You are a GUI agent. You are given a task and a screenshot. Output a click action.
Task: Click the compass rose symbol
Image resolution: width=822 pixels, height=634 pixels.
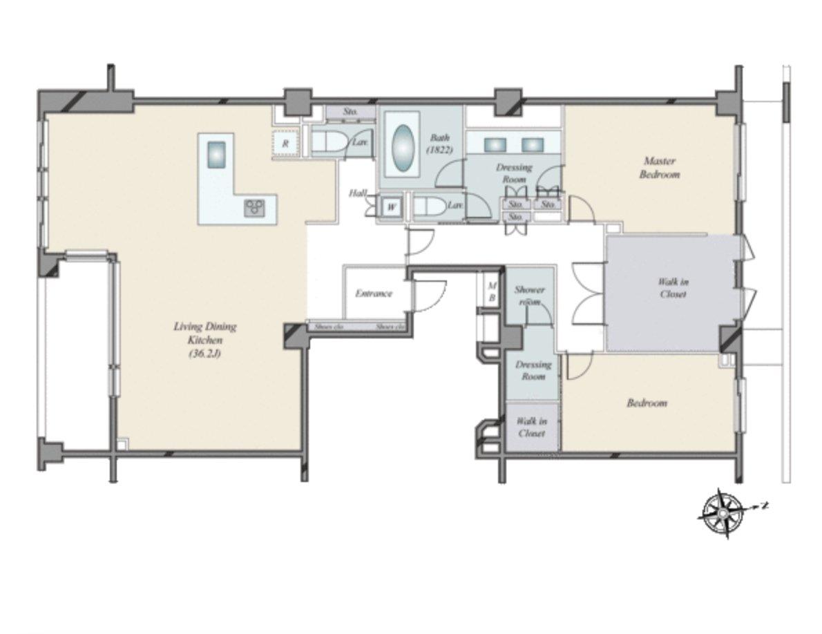point(722,513)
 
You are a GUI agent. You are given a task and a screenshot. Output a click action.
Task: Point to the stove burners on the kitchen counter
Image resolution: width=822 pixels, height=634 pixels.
point(254,207)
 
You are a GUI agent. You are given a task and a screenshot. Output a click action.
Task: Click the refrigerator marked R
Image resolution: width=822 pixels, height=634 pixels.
point(285,144)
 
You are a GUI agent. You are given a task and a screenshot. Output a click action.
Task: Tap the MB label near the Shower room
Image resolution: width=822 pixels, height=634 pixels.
point(492,291)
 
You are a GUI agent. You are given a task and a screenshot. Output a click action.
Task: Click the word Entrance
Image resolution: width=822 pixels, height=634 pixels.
point(374,294)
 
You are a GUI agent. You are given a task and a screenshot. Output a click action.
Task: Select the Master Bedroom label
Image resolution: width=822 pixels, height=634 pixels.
point(658,168)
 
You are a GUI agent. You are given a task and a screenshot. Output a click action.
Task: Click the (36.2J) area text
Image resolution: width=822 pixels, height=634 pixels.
point(205,354)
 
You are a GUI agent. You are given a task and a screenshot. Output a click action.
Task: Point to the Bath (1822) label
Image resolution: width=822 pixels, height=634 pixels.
point(440,143)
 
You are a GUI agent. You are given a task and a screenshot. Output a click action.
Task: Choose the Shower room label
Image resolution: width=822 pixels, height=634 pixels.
point(530,296)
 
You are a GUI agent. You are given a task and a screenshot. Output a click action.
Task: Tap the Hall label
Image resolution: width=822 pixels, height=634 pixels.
point(357,193)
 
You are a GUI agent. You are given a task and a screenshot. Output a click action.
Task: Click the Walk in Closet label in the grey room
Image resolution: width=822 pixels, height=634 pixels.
point(672,288)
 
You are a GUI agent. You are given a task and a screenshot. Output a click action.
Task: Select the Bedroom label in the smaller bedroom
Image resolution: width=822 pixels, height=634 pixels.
point(647,403)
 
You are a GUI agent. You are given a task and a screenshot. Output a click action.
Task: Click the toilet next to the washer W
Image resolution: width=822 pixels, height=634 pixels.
point(429,206)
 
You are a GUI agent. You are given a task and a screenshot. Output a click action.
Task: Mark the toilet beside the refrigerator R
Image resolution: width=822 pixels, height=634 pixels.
point(328,142)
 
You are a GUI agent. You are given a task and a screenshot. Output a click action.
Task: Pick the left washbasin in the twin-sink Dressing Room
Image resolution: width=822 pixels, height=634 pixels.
point(494,145)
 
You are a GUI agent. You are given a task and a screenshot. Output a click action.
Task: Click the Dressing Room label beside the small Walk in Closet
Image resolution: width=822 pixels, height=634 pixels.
point(533,370)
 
